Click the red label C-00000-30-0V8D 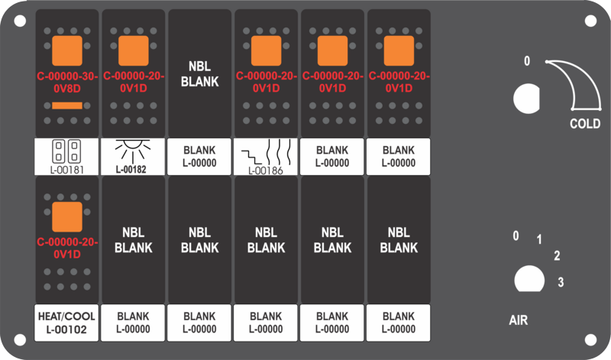click(67, 83)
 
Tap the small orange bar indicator click(67, 105)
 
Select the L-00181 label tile click(66, 157)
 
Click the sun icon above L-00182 click(133, 151)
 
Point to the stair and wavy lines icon click(266, 154)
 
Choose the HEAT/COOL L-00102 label click(66, 323)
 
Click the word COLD click(585, 124)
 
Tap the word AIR click(519, 320)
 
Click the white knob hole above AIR click(529, 279)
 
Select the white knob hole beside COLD click(526, 99)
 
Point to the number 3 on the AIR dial click(561, 282)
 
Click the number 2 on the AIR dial click(558, 256)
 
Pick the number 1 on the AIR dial click(539, 239)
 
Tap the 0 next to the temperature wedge click(527, 61)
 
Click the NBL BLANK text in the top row click(200, 73)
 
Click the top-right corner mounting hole click(590, 21)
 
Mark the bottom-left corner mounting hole click(20, 339)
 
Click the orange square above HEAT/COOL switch click(67, 217)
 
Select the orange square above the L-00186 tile click(266, 50)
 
